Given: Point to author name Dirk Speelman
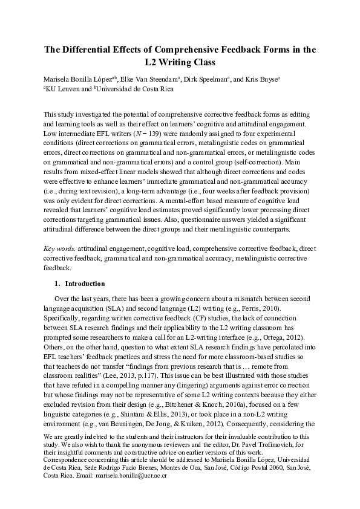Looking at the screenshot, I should pyautogui.click(x=205, y=79).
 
